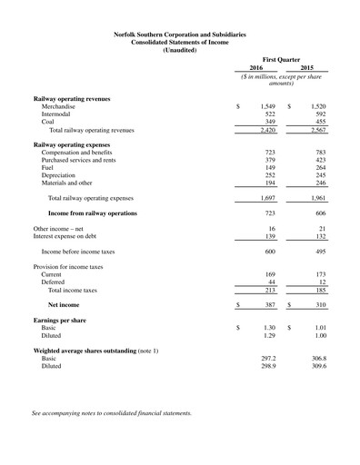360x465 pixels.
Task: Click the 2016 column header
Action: tap(257, 66)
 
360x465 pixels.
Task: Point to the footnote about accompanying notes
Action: tap(112, 413)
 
